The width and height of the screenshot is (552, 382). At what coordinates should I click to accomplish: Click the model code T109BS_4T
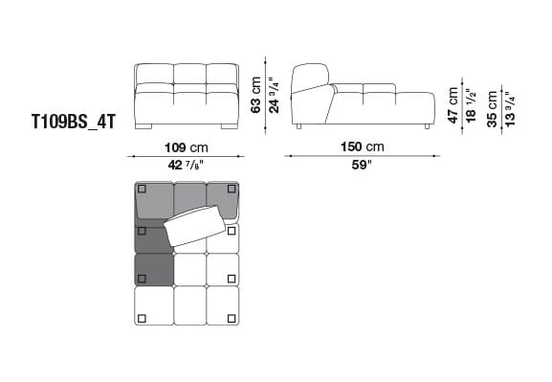73,124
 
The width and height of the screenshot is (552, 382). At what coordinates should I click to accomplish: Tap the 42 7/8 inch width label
186,166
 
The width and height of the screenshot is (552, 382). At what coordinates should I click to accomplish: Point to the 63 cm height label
256,96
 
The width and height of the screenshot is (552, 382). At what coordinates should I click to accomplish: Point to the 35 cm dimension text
493,107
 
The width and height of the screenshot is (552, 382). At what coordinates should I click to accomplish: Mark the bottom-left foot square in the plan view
142,318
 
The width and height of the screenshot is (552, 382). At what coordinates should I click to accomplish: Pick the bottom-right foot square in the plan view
232,318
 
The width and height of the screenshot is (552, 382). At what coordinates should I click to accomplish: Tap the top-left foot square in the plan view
142,189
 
